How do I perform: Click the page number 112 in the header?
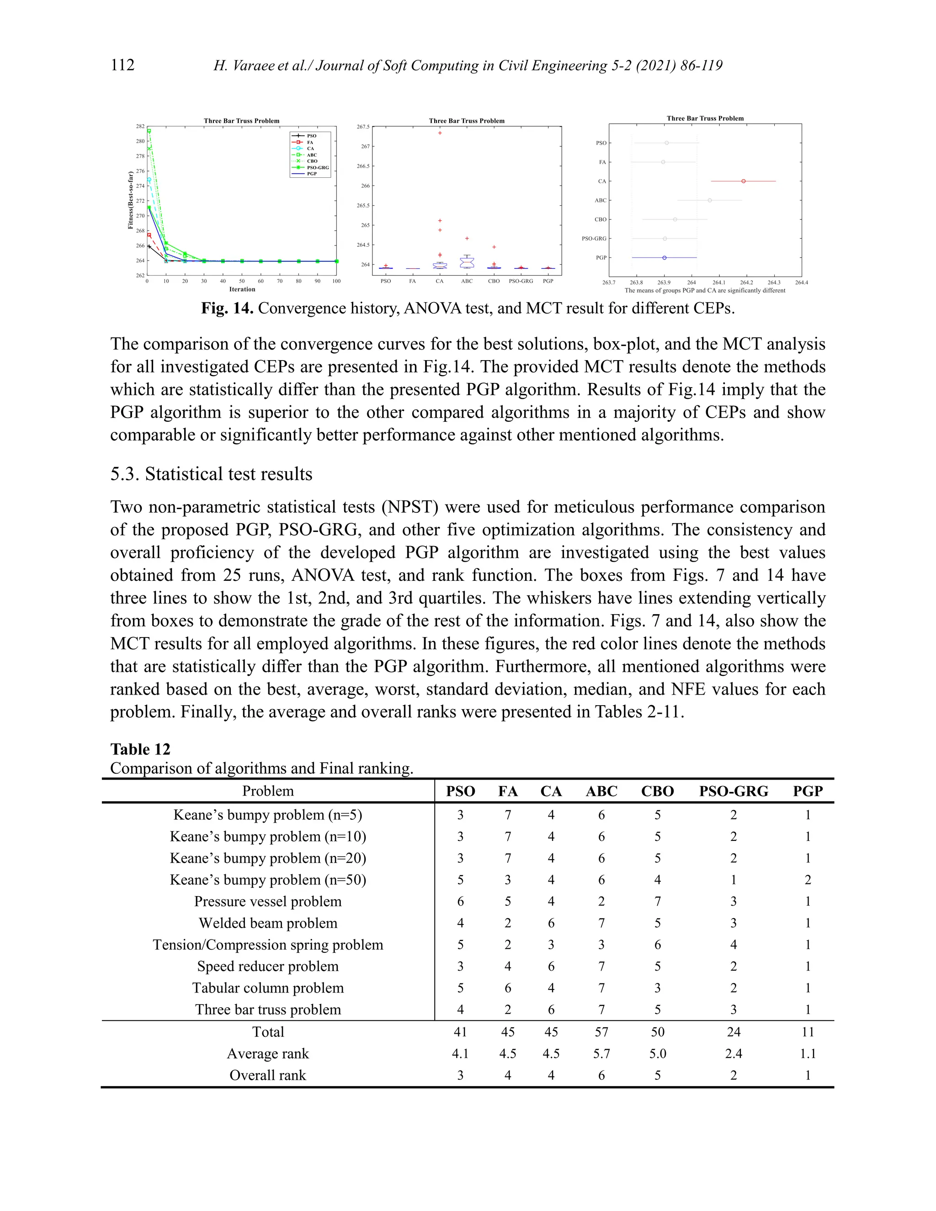[122, 65]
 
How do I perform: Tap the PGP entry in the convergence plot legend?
[311, 174]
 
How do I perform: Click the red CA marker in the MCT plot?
[743, 181]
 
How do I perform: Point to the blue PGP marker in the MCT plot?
[664, 258]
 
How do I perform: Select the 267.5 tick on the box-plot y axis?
[362, 127]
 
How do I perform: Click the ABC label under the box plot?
[467, 281]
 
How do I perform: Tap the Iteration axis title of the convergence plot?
[242, 289]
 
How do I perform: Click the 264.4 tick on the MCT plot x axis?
[801, 283]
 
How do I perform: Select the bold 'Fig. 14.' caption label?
[227, 308]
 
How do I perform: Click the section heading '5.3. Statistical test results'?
[211, 474]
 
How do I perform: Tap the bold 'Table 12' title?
[140, 749]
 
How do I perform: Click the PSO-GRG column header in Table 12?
[733, 791]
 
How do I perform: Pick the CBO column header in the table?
[657, 791]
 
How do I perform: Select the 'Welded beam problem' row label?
[268, 923]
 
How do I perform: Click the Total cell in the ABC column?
[601, 1032]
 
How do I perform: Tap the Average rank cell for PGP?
[808, 1053]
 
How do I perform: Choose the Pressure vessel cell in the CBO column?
[657, 902]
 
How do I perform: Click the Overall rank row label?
[268, 1075]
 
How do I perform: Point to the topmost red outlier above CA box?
[440, 133]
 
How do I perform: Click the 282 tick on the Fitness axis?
[140, 127]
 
